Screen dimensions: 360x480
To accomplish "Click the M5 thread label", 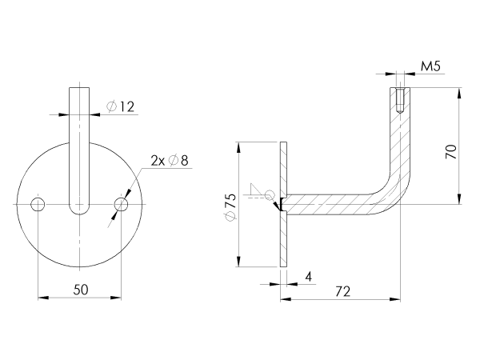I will point(431,66).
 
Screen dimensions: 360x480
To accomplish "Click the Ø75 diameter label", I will point(230,206).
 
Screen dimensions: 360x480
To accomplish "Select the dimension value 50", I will point(80,289).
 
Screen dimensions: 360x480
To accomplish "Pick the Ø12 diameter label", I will point(119,106).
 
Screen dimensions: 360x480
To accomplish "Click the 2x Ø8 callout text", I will point(169,161).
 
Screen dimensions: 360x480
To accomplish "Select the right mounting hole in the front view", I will point(121,205).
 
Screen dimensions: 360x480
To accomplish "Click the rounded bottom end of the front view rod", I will point(80,210).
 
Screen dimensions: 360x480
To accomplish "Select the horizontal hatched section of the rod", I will point(328,205).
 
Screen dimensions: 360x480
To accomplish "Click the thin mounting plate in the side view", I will point(284,240).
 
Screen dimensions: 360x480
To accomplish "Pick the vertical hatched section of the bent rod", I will point(398,144).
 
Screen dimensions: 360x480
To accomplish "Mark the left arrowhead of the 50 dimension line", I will point(42,298).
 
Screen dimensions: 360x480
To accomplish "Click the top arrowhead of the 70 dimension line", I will point(459,92).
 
